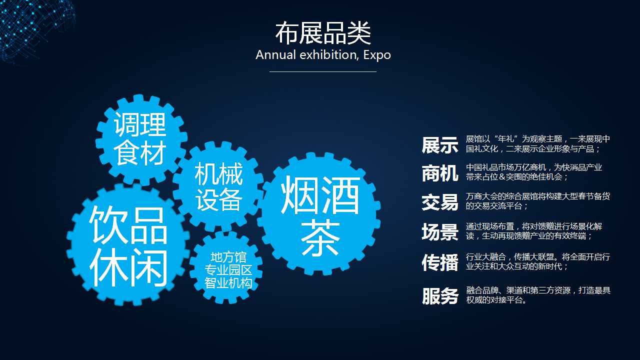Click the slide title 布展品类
click(323, 33)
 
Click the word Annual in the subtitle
click(275, 55)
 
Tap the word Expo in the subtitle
click(377, 55)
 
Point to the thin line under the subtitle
click(323, 71)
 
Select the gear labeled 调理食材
click(140, 140)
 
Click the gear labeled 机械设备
click(218, 186)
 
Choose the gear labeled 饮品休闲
click(128, 245)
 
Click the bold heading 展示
click(440, 145)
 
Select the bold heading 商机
click(440, 173)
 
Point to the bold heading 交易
click(440, 202)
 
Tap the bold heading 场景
click(440, 231)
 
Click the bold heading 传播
click(440, 262)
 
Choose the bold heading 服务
click(440, 295)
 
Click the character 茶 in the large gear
click(320, 237)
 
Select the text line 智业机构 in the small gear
click(228, 283)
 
